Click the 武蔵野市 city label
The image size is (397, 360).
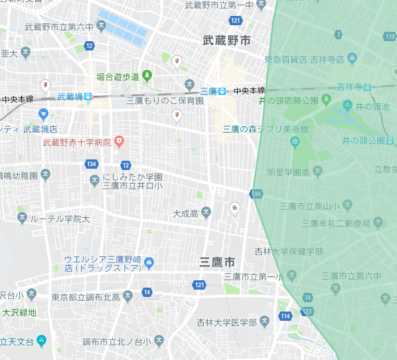point(227,41)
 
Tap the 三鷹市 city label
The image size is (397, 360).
point(218,262)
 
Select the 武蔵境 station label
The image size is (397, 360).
point(70,97)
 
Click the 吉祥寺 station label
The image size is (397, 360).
point(349,87)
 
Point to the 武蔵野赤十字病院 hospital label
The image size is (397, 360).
point(75,141)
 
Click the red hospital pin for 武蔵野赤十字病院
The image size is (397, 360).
point(119,141)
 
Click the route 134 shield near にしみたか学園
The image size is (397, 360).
point(92,165)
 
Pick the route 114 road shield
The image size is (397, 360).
point(285,315)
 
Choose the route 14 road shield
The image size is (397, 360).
point(146,292)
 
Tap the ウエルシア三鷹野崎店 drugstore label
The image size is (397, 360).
point(102,263)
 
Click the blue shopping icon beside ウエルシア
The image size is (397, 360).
point(149,262)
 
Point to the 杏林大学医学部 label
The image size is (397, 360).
point(226,322)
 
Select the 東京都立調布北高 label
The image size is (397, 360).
point(87,297)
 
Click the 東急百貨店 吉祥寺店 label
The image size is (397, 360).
point(305,59)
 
